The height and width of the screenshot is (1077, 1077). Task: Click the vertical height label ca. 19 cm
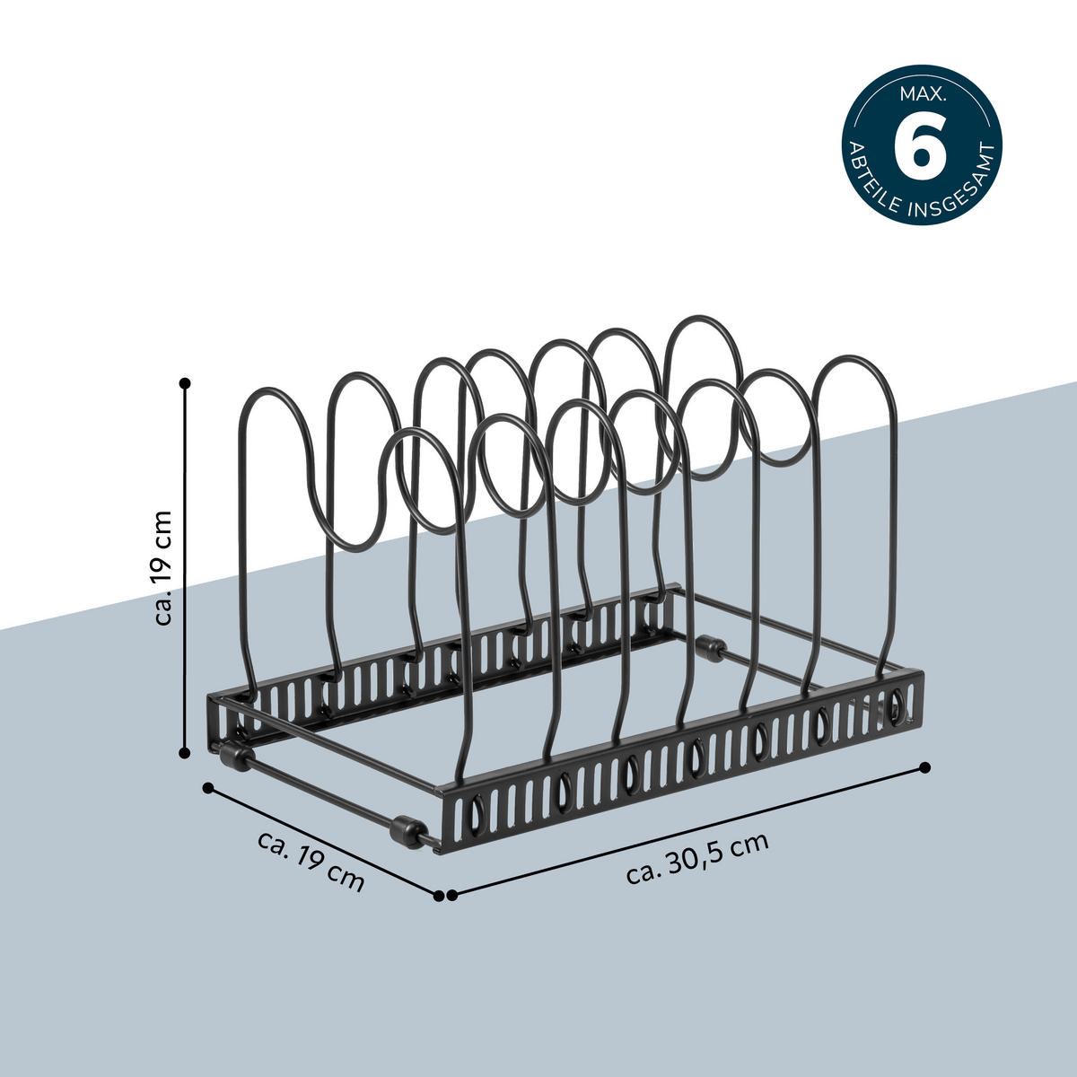point(162,570)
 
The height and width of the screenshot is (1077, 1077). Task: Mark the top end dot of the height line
point(186,382)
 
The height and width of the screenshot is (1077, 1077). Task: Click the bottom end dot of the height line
point(186,754)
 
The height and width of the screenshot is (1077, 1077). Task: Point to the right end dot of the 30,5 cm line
point(926,767)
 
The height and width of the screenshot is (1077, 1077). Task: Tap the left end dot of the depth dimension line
point(208,787)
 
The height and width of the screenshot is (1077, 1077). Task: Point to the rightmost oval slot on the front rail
point(895,706)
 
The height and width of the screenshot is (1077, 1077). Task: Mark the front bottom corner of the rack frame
point(440,848)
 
